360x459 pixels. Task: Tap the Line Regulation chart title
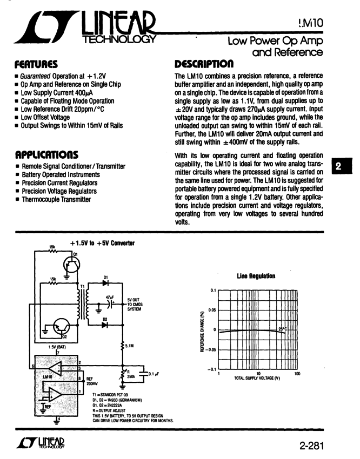coord(256,276)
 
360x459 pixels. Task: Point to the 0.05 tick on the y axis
coord(212,310)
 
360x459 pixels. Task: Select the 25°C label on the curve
coord(283,328)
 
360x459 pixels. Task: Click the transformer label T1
coord(83,287)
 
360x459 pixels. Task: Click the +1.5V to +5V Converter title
coord(102,244)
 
